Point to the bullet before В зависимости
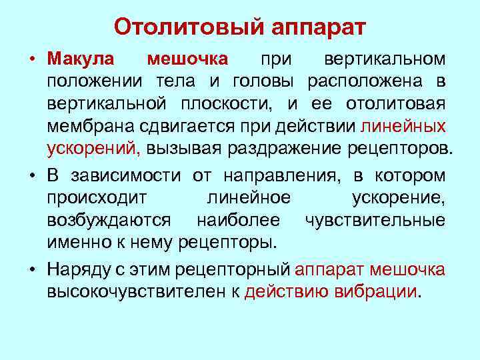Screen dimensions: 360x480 [x=31, y=176]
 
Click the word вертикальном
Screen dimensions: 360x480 [x=385, y=59]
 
